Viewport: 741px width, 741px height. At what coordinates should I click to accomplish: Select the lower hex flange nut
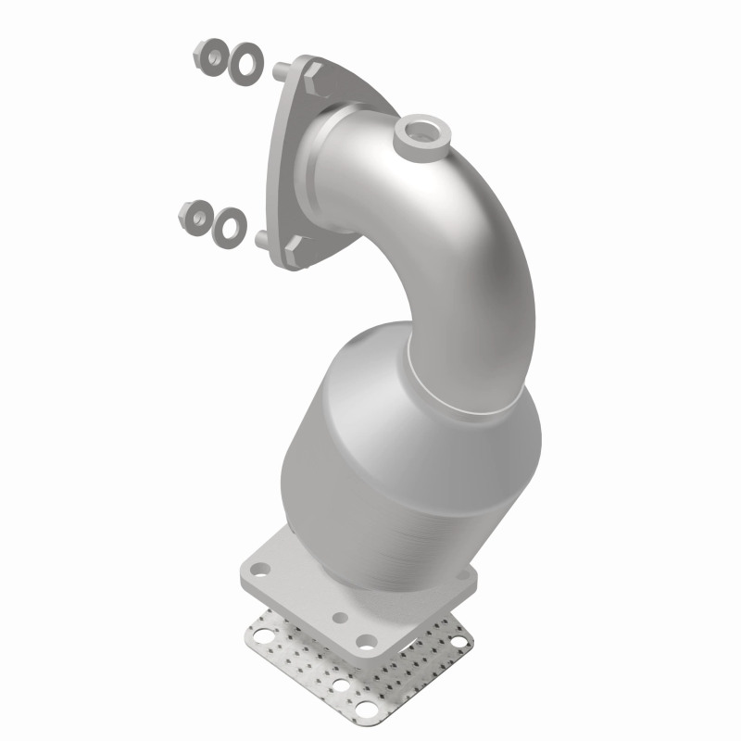point(195,216)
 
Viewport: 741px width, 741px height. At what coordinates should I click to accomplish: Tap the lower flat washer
point(229,222)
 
